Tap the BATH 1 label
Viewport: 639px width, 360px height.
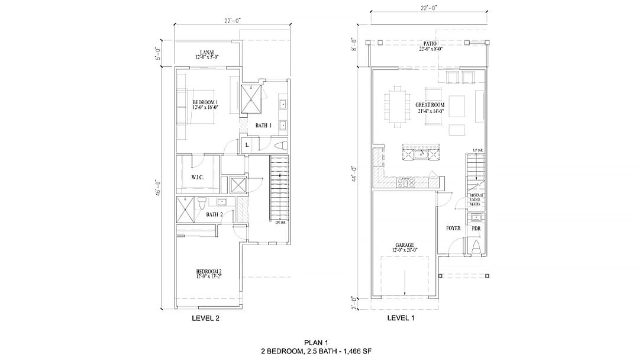tap(263, 126)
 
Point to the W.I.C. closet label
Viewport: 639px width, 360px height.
tap(197, 177)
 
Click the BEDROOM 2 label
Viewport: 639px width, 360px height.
tap(209, 272)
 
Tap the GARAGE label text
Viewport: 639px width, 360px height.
tap(405, 245)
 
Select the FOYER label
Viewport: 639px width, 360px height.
tap(453, 229)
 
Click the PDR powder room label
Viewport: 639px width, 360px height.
tap(476, 229)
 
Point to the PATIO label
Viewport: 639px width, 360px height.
tap(430, 44)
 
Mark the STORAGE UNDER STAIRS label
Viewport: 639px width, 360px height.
tap(477, 199)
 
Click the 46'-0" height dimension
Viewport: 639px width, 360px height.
tap(159, 189)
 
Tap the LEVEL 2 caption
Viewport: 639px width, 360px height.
tap(205, 318)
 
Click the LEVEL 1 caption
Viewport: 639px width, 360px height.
tap(401, 318)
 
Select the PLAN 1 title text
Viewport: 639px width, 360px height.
tap(315, 342)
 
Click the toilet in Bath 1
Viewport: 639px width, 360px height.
tap(280, 146)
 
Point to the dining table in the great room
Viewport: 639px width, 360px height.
tap(397, 106)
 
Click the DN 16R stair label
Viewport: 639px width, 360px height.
tap(280, 222)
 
